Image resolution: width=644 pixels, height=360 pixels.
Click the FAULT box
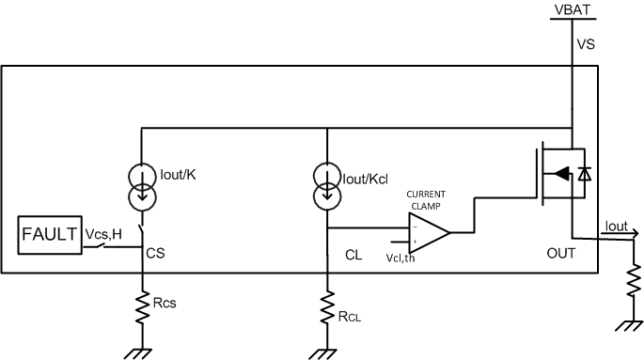point(47,233)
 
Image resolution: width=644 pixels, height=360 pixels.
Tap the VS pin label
point(585,43)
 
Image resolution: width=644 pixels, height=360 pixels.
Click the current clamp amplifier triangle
point(428,231)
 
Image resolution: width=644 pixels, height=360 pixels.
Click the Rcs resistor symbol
point(141,305)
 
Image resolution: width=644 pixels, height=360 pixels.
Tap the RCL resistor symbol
point(326,305)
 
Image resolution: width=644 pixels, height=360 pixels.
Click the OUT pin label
point(560,255)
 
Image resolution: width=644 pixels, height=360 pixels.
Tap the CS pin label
point(155,253)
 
